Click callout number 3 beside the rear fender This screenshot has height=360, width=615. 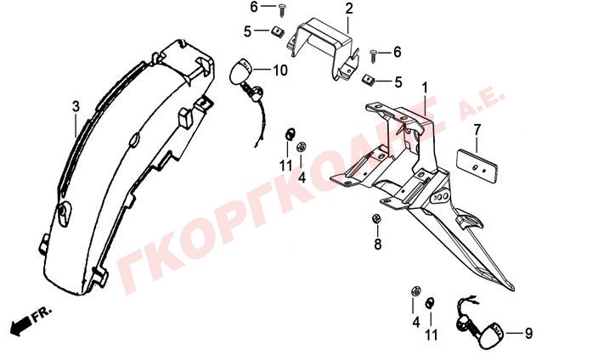[76, 106]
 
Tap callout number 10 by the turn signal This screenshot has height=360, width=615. [280, 70]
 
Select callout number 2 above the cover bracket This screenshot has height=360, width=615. [349, 8]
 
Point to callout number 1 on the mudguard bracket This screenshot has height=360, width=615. [425, 87]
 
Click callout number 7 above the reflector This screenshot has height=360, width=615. [477, 131]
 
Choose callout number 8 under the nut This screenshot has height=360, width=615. [378, 245]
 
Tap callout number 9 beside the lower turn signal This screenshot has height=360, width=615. [528, 334]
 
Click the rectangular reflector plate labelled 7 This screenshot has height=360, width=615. [477, 166]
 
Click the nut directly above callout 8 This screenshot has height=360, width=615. [375, 219]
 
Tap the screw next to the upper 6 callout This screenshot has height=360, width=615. [283, 10]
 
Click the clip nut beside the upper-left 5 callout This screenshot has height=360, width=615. [278, 31]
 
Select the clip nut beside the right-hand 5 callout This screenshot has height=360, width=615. [368, 80]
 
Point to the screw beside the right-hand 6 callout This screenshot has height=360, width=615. [374, 56]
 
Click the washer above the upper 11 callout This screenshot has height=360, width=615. [290, 134]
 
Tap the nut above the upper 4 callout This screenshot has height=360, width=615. [302, 147]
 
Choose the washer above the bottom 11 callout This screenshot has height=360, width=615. [431, 303]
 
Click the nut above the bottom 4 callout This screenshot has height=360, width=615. [415, 292]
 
